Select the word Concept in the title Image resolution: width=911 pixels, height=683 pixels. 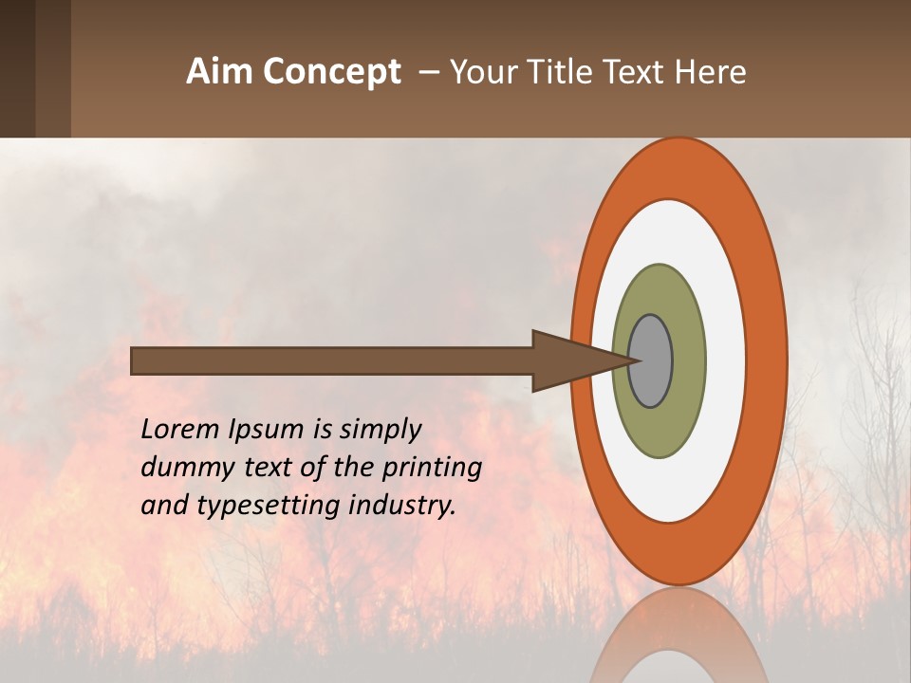(x=333, y=73)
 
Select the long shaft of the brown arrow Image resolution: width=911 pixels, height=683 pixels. (x=332, y=361)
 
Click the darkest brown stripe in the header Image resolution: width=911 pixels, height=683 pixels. (x=17, y=68)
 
